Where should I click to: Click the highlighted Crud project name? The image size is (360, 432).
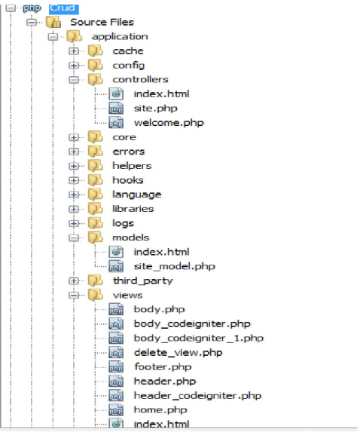[x=64, y=8]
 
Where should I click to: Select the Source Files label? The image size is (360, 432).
[x=102, y=22]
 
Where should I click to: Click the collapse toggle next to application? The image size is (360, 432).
[x=53, y=37]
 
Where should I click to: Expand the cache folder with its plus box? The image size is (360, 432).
[x=74, y=51]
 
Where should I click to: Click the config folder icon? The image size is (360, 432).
[x=95, y=66]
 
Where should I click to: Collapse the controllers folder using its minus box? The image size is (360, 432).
[x=74, y=80]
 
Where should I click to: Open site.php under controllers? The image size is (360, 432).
[x=155, y=109]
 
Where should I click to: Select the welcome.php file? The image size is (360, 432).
[x=169, y=123]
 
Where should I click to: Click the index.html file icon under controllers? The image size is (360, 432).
[x=116, y=94]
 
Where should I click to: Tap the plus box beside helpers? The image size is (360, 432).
[x=74, y=166]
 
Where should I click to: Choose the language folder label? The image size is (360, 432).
[x=137, y=195]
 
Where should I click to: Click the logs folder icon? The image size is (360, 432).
[x=95, y=223]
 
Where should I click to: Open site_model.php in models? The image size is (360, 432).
[x=174, y=266]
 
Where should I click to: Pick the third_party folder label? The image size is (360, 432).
[x=142, y=280]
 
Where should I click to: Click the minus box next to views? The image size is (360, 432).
[x=74, y=296]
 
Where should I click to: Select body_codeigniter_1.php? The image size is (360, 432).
[x=198, y=338]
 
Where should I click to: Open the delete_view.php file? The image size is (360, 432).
[x=178, y=353]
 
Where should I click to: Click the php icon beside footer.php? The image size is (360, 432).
[x=116, y=367]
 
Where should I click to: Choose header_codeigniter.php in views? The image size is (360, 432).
[x=197, y=396]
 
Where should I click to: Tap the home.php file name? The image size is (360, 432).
[x=160, y=409]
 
